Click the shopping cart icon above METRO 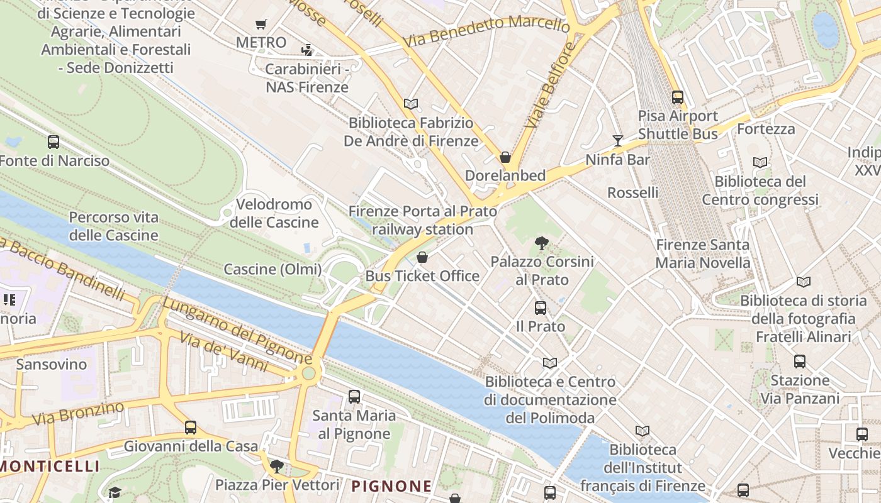(261, 25)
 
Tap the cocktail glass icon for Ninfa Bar (618, 141)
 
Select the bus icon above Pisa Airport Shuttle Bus (678, 97)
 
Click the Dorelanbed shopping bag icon (505, 157)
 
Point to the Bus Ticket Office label (422, 276)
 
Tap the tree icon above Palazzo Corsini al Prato (541, 243)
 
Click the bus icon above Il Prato (541, 308)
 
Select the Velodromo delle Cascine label (274, 213)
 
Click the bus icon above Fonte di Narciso (53, 142)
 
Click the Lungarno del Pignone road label (237, 331)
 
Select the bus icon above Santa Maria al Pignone (354, 397)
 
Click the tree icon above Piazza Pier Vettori (276, 467)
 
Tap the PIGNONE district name (391, 486)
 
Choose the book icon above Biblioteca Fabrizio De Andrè (411, 104)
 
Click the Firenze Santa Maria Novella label (702, 253)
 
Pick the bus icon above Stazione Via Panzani (800, 362)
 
